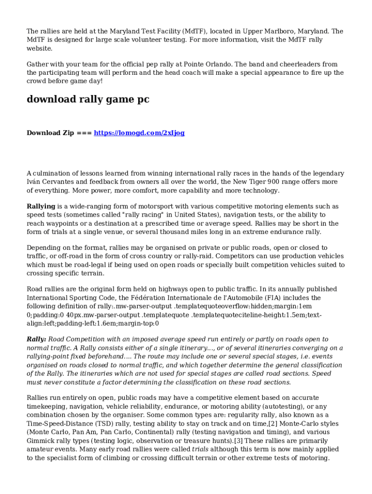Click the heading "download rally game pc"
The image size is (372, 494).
point(88,99)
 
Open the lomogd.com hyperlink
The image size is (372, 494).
point(139,133)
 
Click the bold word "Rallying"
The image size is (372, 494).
point(41,206)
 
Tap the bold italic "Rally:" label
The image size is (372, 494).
point(36,339)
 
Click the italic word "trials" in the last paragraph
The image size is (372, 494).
point(200,449)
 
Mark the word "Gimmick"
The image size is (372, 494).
point(40,440)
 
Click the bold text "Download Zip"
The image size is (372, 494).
point(49,133)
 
